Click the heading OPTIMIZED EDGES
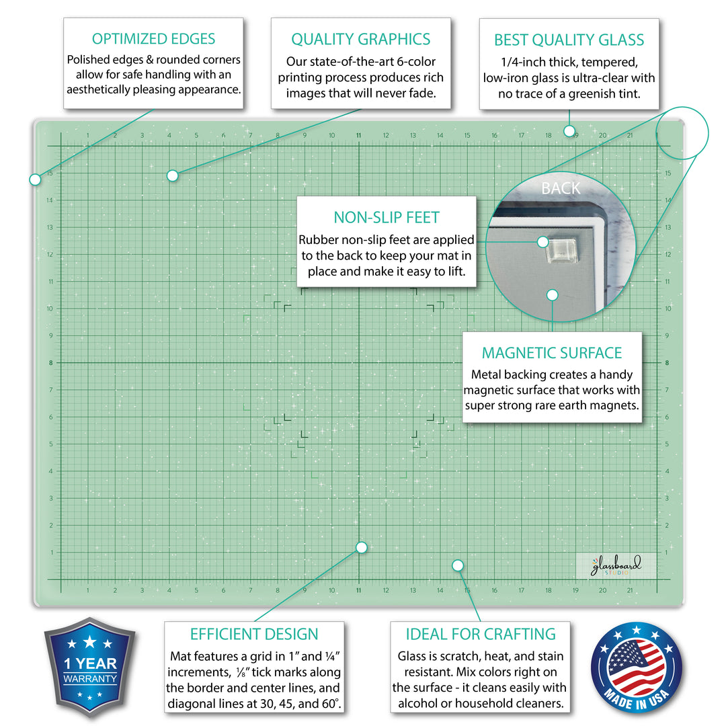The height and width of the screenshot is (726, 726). click(x=153, y=39)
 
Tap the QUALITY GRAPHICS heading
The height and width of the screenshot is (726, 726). click(x=361, y=40)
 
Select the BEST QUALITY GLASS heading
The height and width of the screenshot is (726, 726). click(x=569, y=40)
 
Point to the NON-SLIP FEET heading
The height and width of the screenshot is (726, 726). click(x=387, y=218)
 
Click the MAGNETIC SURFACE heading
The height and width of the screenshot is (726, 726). click(x=552, y=354)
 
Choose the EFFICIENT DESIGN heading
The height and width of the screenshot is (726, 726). click(x=254, y=635)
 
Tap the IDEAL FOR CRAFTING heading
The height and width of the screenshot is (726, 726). click(x=481, y=635)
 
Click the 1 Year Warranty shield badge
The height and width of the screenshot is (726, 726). click(x=90, y=666)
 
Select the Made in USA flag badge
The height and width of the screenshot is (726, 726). click(x=636, y=668)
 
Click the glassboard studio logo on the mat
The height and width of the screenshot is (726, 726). click(x=616, y=566)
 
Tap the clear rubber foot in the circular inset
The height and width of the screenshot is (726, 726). click(x=561, y=251)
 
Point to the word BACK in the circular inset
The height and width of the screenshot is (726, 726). click(x=561, y=188)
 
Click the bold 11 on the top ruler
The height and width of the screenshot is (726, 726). click(x=358, y=136)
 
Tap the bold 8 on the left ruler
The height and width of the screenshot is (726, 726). click(x=51, y=363)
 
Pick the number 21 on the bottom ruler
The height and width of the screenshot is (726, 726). click(x=630, y=590)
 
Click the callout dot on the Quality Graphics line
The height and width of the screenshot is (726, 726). click(x=172, y=175)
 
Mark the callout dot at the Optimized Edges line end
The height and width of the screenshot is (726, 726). click(x=35, y=179)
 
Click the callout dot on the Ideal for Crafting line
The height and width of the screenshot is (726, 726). click(x=458, y=565)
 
